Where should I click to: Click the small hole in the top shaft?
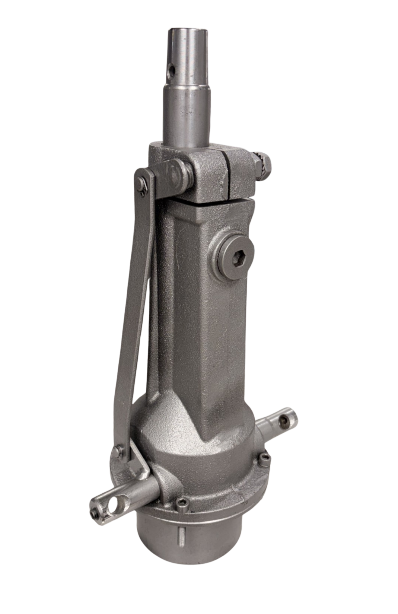tap(171, 69)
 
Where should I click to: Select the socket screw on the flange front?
tap(182, 503)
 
